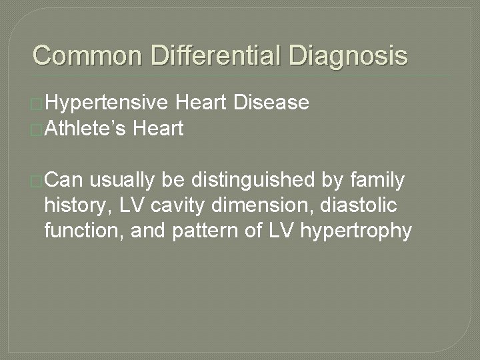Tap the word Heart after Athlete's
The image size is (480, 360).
click(x=158, y=128)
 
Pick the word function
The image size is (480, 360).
click(x=79, y=231)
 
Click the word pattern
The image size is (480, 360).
click(x=204, y=231)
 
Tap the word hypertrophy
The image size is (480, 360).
click(x=357, y=231)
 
